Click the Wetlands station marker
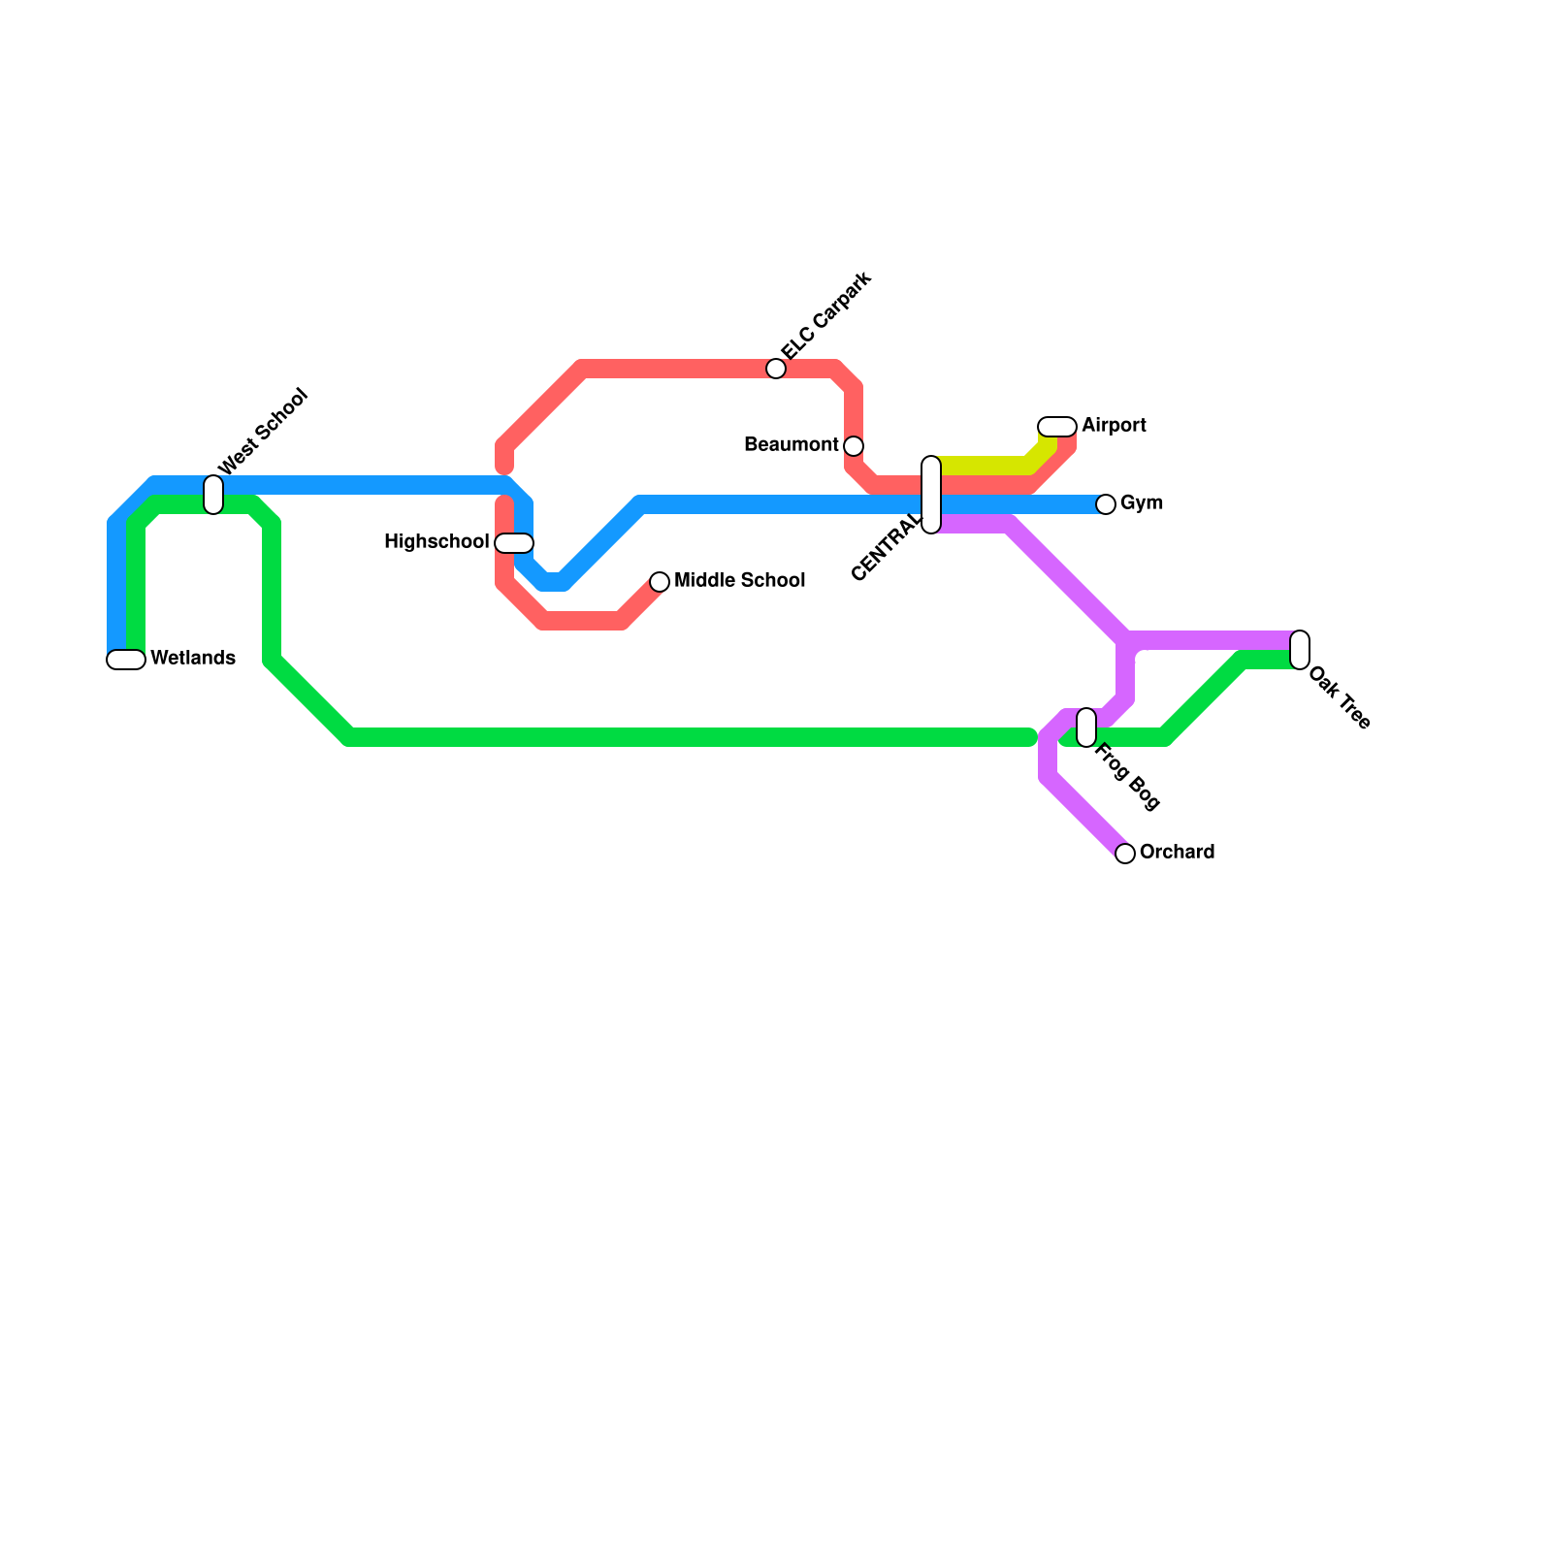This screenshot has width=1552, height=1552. point(126,660)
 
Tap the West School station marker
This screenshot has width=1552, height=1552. point(213,495)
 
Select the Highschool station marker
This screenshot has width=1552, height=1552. point(514,543)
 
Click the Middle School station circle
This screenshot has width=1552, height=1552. point(660,582)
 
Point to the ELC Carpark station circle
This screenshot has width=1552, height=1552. point(776,369)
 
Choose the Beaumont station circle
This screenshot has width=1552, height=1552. point(854,446)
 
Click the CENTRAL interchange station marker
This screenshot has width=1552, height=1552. point(931,495)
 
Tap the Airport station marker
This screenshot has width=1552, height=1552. point(1057,427)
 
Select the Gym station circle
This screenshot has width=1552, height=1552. point(1106,504)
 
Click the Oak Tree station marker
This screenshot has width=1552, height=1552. point(1300,650)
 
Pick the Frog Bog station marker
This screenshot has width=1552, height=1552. point(1086,727)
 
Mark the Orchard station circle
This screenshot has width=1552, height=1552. point(1125,854)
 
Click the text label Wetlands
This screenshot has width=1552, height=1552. point(193,659)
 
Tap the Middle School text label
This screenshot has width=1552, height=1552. point(739,581)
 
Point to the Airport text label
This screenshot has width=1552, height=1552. point(1114,426)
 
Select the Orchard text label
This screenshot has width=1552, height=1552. point(1177,853)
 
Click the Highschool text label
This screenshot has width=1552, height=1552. point(436,542)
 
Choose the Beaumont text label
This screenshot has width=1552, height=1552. point(791,445)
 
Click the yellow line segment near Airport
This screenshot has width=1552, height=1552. point(985,465)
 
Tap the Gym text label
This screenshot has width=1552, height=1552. point(1141,503)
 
